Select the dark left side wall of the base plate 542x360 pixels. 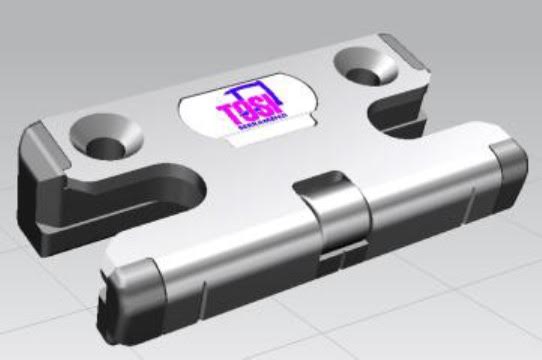coord(40,200)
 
